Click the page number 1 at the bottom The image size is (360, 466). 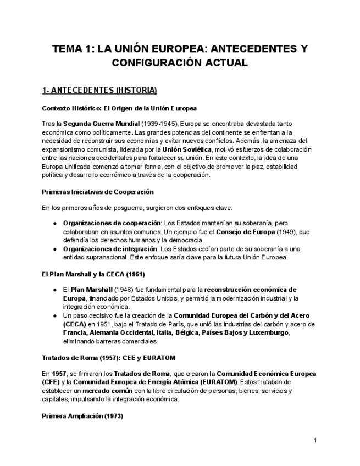click(315, 440)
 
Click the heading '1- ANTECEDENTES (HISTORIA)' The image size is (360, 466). click(99, 90)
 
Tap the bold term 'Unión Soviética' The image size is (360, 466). click(187, 149)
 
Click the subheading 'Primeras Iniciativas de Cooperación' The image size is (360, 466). click(98, 192)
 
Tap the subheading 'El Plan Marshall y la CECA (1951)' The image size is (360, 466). click(93, 274)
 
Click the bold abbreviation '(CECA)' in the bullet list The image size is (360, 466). click(75, 324)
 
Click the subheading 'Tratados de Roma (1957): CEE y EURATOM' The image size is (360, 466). click(109, 358)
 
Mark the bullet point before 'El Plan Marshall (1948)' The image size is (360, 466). click(56, 289)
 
